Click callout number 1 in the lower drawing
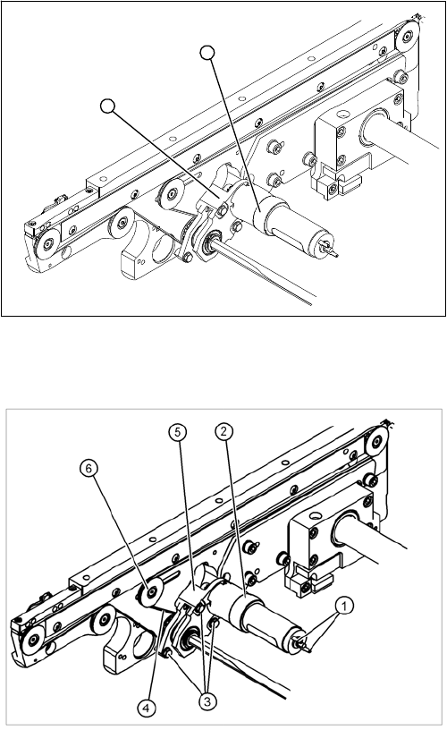coord(343,607)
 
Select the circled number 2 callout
coord(224,431)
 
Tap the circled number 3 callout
coord(207,701)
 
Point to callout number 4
coord(147,709)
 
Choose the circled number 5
coord(177,432)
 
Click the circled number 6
coord(89,468)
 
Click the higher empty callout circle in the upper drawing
coord(207,53)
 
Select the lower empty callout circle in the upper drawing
coord(107,106)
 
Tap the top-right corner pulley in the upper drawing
coord(408,35)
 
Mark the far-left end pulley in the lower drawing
coord(32,640)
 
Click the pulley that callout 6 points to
coord(152,592)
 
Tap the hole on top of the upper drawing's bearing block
coord(342,113)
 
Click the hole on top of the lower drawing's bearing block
coord(316,516)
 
